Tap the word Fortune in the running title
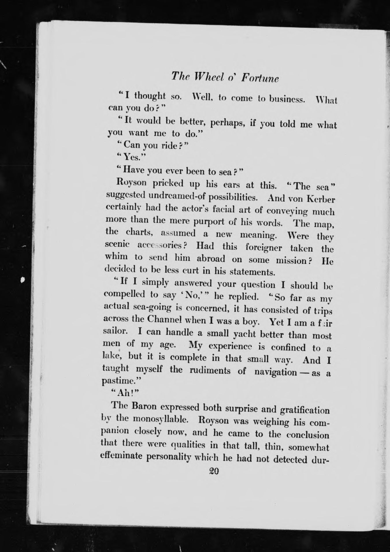260,79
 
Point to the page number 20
214,471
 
